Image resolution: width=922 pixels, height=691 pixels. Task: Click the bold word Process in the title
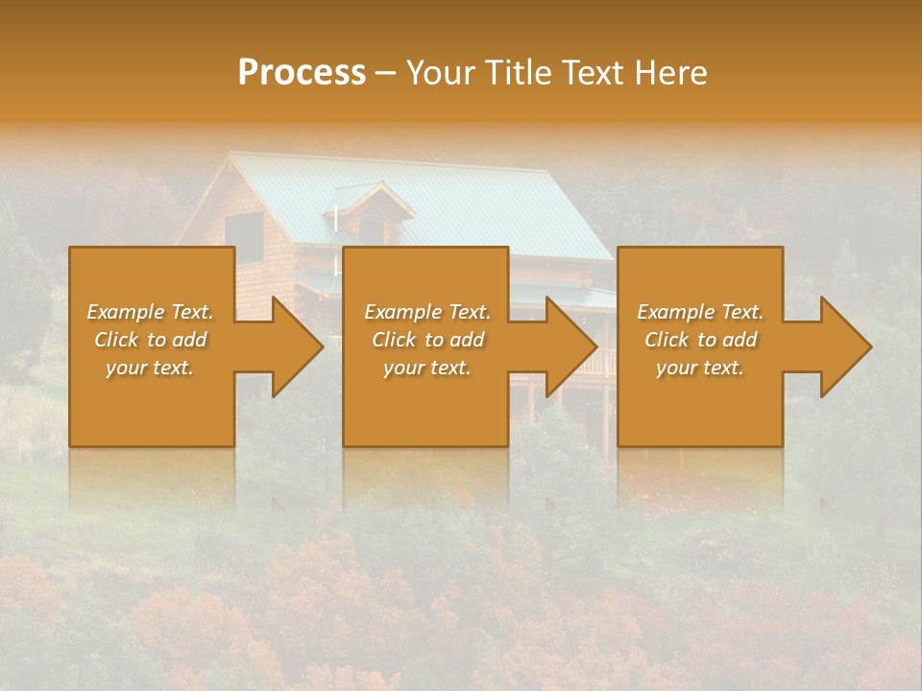pyautogui.click(x=302, y=73)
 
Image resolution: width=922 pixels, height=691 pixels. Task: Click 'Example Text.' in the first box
pyautogui.click(x=150, y=312)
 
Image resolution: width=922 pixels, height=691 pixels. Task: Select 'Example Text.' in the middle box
pyautogui.click(x=427, y=312)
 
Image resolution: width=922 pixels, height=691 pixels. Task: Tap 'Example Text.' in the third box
pyautogui.click(x=700, y=312)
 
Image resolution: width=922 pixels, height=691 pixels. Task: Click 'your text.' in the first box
pyautogui.click(x=150, y=368)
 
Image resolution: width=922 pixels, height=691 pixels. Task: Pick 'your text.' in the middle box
pyautogui.click(x=427, y=368)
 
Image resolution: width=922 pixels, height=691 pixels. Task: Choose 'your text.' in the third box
pyautogui.click(x=700, y=368)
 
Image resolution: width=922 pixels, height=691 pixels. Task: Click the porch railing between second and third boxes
pyautogui.click(x=605, y=362)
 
